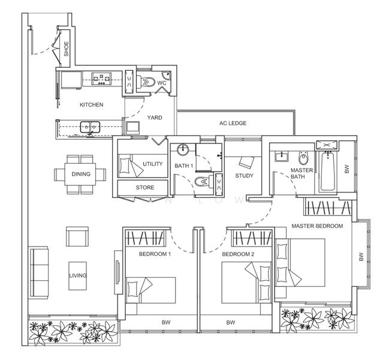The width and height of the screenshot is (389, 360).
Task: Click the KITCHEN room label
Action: [x=91, y=104]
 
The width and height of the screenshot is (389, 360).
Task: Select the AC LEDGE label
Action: [x=233, y=123]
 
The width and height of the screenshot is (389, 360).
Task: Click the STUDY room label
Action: [x=244, y=176]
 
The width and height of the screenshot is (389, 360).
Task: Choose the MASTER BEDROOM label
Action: [x=317, y=226]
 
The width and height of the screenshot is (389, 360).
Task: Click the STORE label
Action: [x=144, y=188]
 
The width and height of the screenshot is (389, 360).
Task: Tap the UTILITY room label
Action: [x=152, y=164]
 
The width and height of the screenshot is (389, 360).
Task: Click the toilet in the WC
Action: [x=149, y=83]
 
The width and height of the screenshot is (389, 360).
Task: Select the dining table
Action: [x=80, y=175]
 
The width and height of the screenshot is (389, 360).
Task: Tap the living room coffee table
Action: [x=78, y=275]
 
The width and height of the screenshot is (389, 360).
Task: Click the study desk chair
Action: [x=246, y=162]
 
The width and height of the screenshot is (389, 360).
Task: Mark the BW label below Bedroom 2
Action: [x=230, y=323]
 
